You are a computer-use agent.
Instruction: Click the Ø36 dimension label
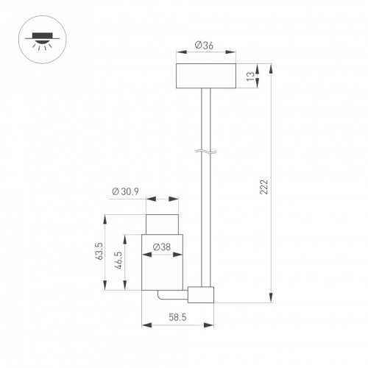(204, 46)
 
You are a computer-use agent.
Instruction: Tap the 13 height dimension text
(250, 77)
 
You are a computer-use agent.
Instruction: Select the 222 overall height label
(264, 187)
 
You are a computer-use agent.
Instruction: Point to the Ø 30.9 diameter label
(125, 191)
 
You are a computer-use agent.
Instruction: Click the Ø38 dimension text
(162, 247)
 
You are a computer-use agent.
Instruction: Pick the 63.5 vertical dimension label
(100, 251)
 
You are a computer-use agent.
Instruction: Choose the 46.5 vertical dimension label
(119, 261)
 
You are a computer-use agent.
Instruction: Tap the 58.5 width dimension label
(177, 317)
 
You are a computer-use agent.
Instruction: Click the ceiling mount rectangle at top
(206, 76)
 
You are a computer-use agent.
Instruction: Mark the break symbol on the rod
(206, 152)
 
